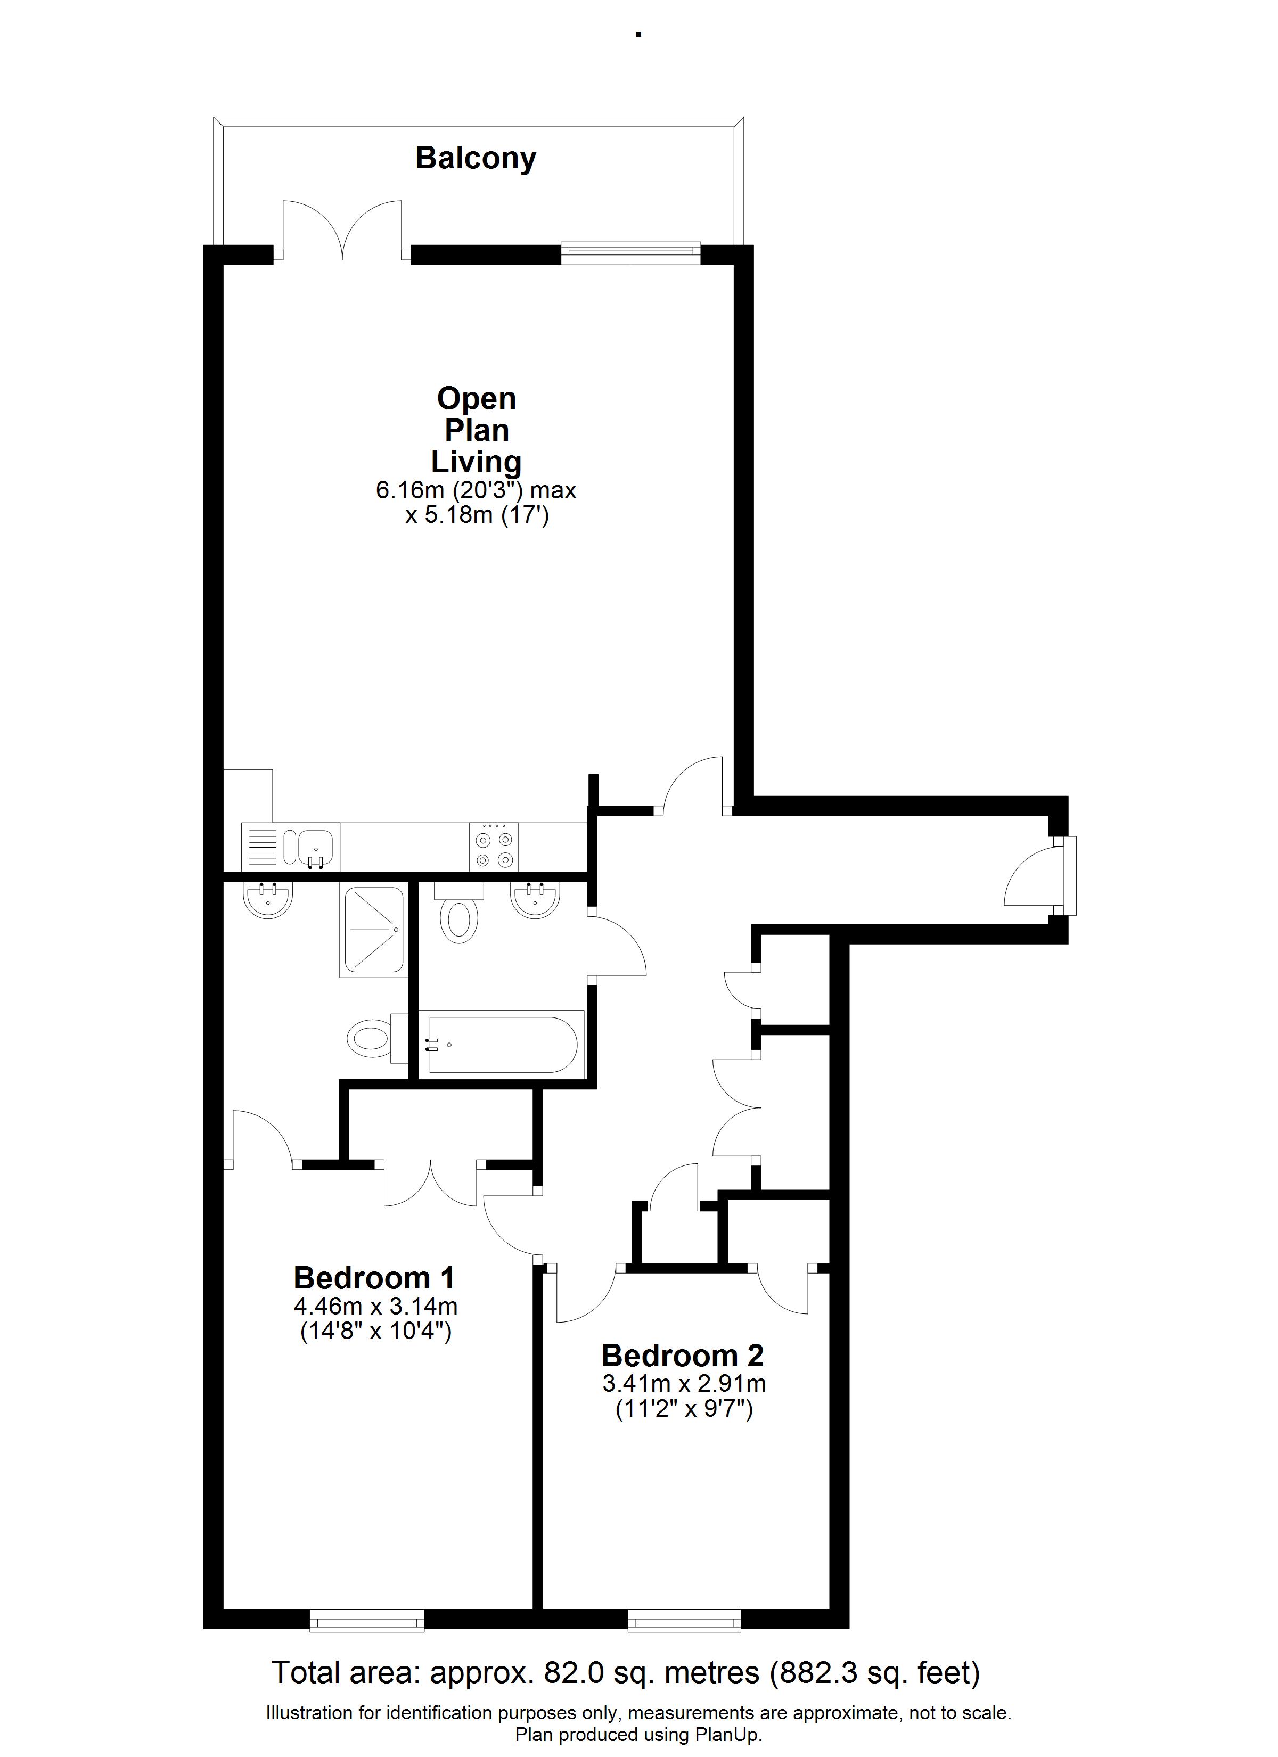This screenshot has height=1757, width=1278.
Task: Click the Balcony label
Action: click(x=476, y=159)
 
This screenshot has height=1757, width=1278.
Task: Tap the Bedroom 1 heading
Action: click(x=374, y=1277)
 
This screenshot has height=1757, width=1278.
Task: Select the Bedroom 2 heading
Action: click(x=683, y=1355)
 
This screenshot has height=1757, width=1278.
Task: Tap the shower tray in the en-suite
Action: click(x=372, y=931)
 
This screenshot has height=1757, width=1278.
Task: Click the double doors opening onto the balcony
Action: click(x=342, y=229)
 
